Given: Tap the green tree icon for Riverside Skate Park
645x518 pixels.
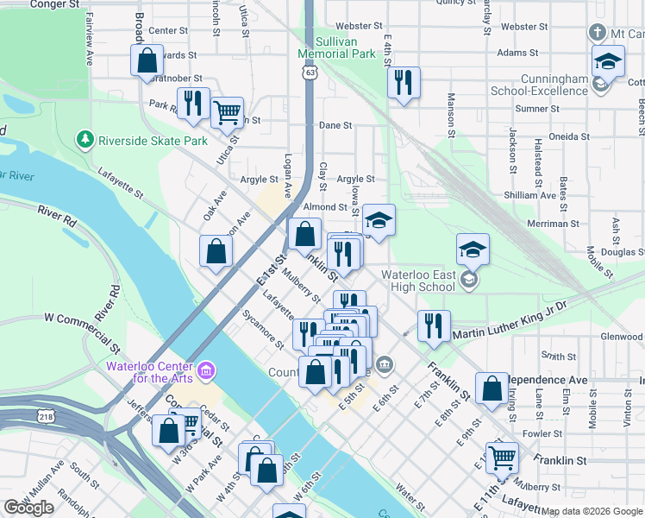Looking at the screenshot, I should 85,139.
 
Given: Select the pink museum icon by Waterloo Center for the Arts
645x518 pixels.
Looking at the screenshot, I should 205,371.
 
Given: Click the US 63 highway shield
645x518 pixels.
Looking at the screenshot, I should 309,74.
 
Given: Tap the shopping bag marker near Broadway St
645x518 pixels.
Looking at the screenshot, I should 147,61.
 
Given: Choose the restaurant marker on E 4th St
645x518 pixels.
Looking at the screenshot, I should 404,83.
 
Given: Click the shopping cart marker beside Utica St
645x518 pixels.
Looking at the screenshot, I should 227,111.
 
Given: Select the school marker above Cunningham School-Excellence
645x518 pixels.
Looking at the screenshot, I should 608,62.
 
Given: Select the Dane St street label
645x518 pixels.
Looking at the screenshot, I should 335,125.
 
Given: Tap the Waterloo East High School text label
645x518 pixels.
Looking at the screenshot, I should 418,281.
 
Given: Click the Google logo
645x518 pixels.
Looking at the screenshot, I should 29,508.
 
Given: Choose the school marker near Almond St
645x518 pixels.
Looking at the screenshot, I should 379,220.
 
